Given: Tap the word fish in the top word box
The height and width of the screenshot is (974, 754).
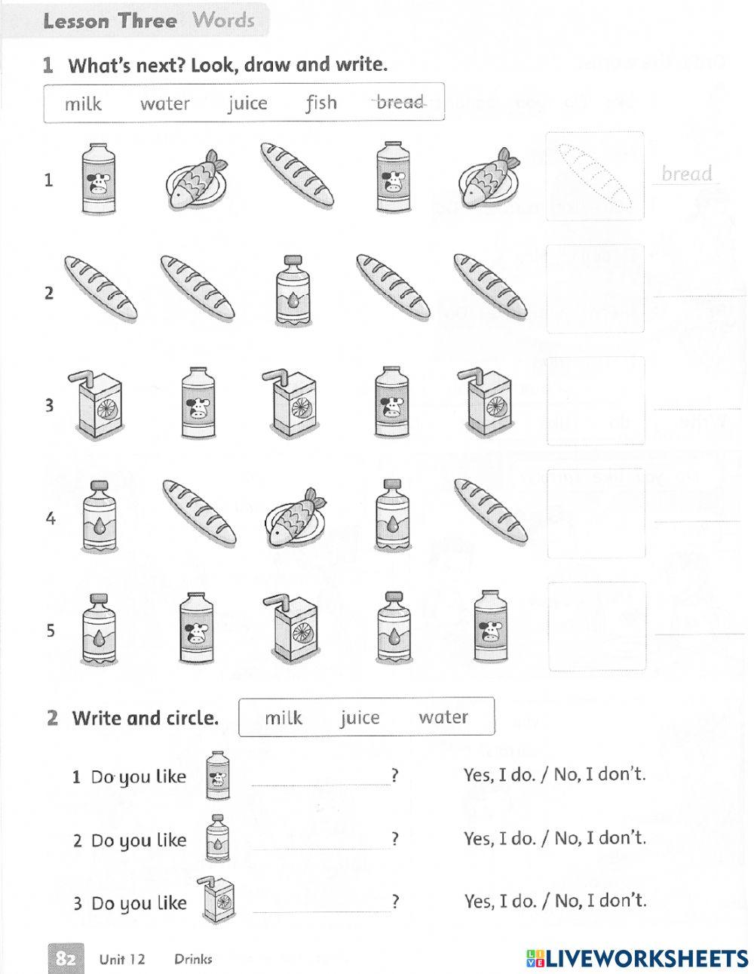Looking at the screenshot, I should click(321, 102).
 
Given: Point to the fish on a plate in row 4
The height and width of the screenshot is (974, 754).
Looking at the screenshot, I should click(290, 516).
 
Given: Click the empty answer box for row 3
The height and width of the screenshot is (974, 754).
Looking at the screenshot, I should click(596, 401).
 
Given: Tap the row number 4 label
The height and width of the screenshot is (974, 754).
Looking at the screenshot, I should click(51, 519).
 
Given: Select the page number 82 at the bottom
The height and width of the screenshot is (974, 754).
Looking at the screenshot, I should click(66, 958).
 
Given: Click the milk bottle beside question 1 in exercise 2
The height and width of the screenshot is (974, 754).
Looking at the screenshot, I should click(218, 775).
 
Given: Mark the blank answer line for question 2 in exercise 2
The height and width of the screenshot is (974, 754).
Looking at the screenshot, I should click(320, 846).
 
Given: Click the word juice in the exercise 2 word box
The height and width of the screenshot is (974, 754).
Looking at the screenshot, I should click(360, 717).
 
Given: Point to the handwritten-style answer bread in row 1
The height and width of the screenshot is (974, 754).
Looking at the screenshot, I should click(686, 174).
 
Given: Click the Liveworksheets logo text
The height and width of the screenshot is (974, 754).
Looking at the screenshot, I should click(637, 958).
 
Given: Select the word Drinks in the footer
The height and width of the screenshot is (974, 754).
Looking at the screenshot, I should click(193, 959).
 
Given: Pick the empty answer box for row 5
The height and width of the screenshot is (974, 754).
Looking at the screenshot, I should click(596, 626).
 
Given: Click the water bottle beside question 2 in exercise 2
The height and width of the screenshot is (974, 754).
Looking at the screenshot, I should click(217, 837).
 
